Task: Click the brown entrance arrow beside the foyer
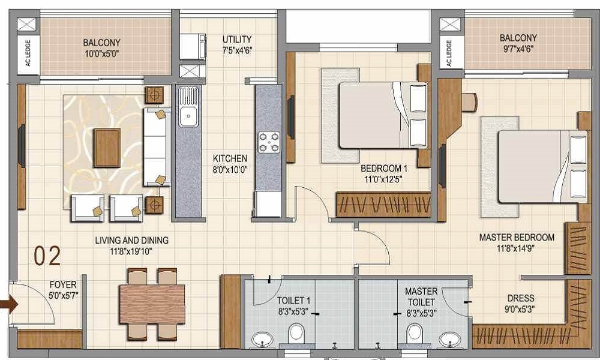pos(8,305)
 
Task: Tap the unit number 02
pos(47,256)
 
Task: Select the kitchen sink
pos(188,107)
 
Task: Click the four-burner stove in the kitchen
pos(269,142)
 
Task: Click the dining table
pos(152,304)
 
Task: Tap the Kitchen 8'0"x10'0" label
pos(230,164)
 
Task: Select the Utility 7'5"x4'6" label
pos(237,45)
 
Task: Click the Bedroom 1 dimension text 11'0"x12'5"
pos(383,179)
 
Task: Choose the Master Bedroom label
pos(517,237)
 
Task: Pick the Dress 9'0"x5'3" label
pos(521,303)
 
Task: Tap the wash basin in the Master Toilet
pos(450,339)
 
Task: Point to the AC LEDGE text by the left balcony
pos(28,53)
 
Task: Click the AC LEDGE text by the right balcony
pos(449,53)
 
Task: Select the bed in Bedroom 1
pos(383,115)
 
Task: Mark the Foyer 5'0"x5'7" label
pos(64,290)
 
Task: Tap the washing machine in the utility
pos(193,47)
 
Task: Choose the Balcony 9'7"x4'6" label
pos(518,43)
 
